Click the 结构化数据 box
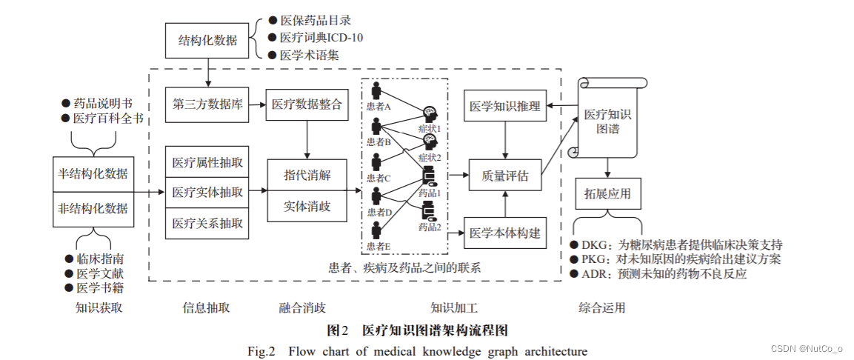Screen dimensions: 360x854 [x=207, y=40]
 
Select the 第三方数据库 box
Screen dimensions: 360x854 [x=207, y=104]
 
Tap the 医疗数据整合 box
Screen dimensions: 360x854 [x=307, y=104]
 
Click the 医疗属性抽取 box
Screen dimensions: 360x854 [x=207, y=161]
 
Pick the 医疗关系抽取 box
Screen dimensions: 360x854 [x=207, y=223]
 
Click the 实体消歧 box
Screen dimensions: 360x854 [x=307, y=207]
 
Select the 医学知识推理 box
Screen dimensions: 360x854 [x=505, y=106]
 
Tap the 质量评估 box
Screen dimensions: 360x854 [x=505, y=176]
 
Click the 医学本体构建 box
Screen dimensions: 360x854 [x=505, y=234]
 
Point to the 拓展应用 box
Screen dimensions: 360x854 [x=607, y=194]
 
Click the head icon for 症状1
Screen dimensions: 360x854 [x=429, y=114]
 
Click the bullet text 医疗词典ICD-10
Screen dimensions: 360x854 [x=321, y=37]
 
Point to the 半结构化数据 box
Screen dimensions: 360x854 [x=93, y=174]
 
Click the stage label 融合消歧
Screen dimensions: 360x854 [x=301, y=307]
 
